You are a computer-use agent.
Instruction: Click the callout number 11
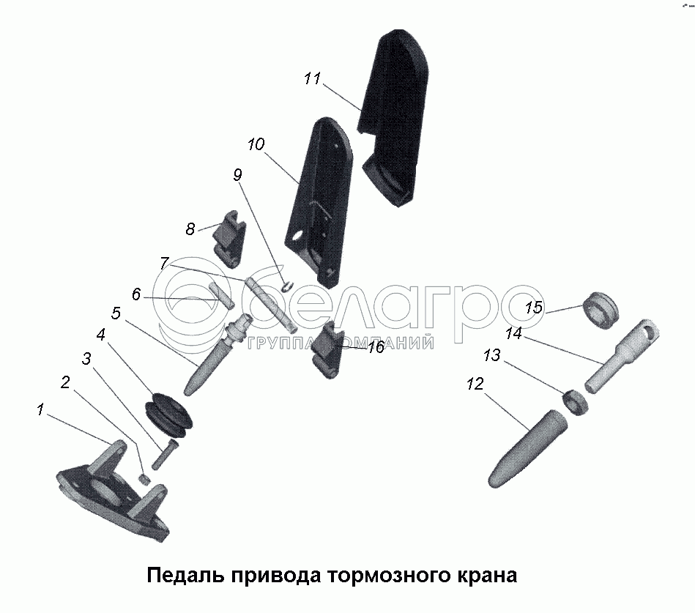312,78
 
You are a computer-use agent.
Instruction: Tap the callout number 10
256,144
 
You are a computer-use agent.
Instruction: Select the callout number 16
376,347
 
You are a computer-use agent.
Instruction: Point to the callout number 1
40,409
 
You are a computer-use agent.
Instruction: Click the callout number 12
475,384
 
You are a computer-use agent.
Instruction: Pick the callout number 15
534,307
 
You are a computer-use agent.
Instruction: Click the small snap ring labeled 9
287,287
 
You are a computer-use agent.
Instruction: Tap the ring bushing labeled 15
600,310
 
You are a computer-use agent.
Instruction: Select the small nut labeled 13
576,402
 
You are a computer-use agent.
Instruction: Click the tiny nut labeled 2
144,478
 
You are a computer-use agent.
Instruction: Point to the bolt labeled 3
165,454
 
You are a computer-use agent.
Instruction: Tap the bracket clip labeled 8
230,239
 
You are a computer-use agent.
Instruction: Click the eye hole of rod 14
649,330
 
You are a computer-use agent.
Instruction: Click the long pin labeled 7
270,304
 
